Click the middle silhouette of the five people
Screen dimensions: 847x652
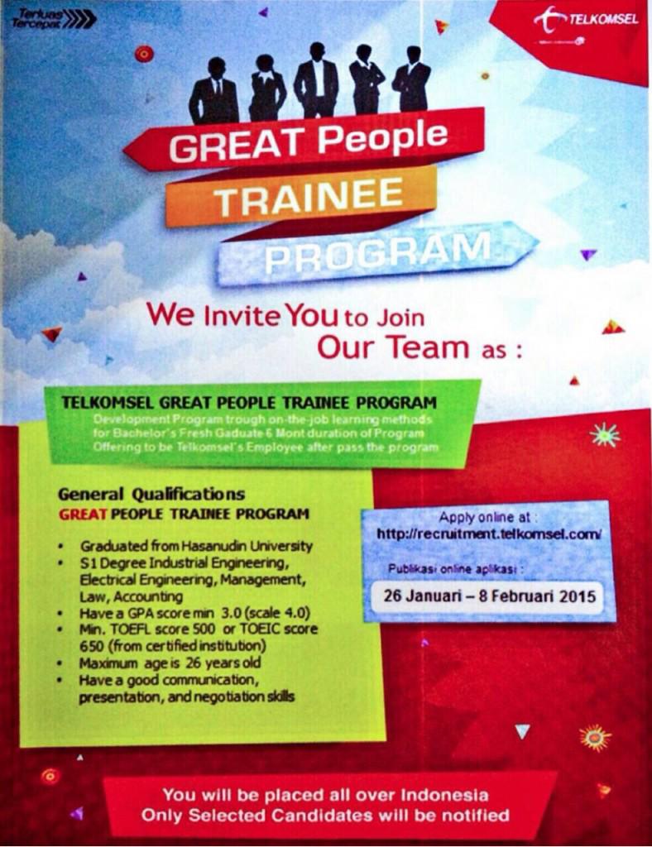coord(316,81)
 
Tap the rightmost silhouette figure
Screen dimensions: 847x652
coord(412,81)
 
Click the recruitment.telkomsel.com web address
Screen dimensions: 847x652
coord(488,534)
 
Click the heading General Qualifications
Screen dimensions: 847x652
coord(151,495)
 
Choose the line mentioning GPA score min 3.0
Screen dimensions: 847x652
coord(194,613)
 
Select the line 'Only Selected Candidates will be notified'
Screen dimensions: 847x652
coord(325,816)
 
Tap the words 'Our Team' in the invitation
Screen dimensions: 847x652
coord(393,347)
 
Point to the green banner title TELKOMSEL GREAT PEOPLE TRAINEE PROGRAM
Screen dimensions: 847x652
coord(249,403)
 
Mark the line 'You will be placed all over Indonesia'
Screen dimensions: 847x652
coord(325,795)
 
